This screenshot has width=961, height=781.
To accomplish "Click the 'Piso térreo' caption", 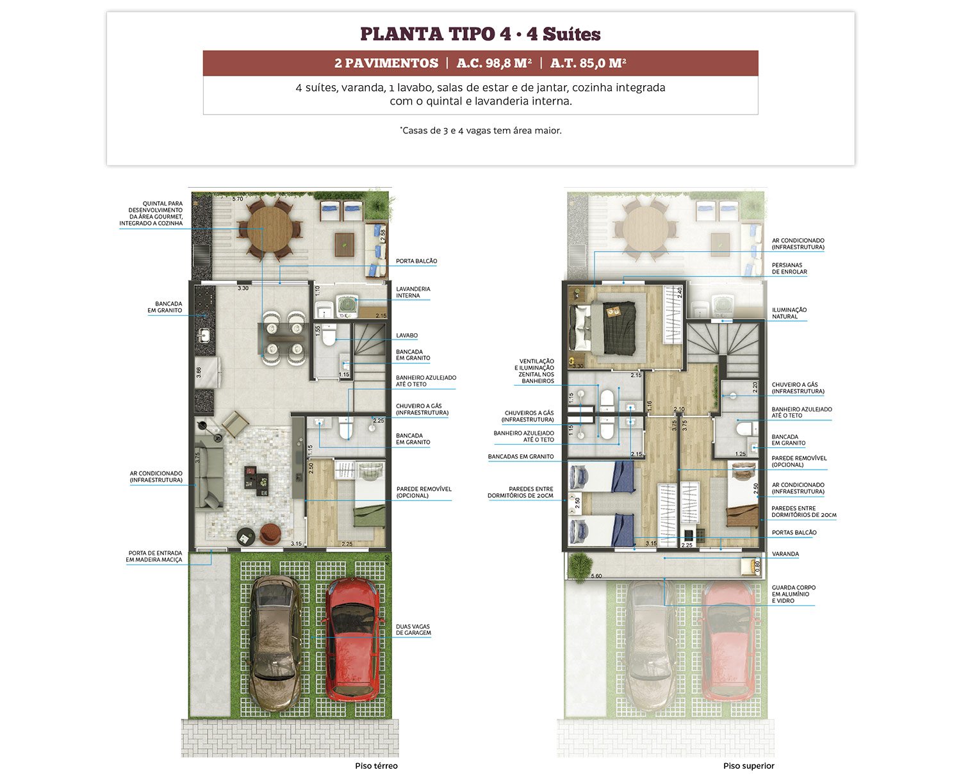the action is tap(376, 766).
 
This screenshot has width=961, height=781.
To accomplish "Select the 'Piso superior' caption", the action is tap(748, 766).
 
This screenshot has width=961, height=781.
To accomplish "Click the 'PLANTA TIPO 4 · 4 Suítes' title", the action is tap(480, 34).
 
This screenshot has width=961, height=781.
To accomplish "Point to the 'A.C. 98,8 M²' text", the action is tap(494, 63).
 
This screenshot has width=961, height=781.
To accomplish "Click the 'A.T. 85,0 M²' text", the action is tap(588, 63).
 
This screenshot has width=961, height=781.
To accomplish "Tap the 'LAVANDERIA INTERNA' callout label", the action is tap(413, 292).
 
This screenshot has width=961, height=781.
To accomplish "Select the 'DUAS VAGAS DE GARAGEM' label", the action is tap(413, 629).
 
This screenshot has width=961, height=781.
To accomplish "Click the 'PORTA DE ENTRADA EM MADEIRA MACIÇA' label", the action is tap(154, 556).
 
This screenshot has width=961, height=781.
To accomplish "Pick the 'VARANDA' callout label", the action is tap(785, 554).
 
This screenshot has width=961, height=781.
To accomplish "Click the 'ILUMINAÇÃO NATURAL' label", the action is tap(789, 313).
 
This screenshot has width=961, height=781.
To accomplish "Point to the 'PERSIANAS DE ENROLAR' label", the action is tap(789, 268).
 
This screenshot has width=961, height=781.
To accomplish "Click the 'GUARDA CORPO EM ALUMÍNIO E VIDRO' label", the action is tap(793, 594).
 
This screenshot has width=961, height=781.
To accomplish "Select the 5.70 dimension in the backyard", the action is tap(237, 199).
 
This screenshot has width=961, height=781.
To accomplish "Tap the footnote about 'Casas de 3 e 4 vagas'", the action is tap(481, 131).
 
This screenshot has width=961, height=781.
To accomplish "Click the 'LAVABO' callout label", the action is tap(407, 335).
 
